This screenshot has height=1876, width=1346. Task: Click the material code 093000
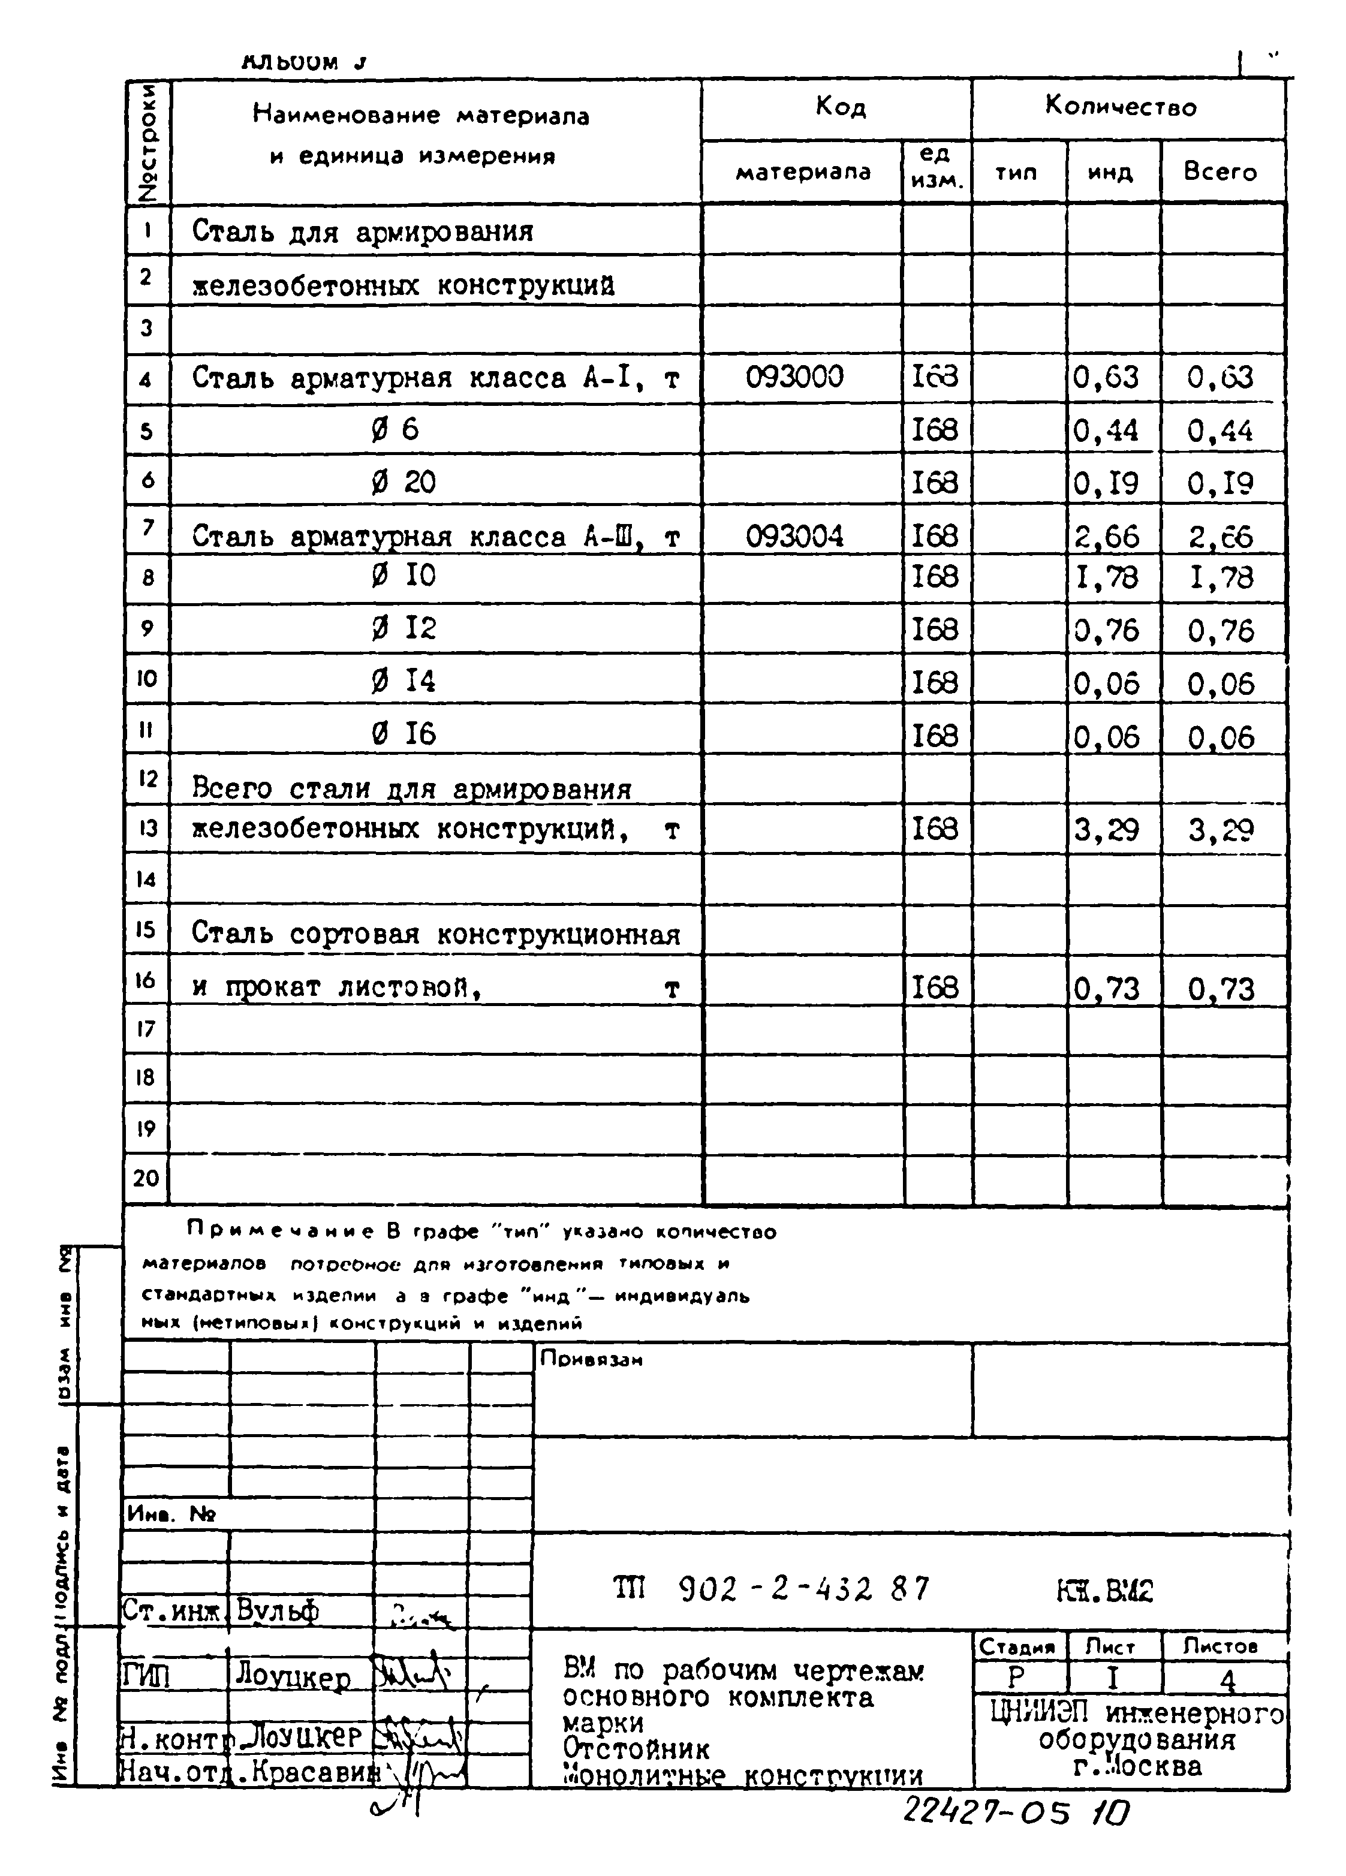pos(794,377)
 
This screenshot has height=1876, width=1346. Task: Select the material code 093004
pos(794,537)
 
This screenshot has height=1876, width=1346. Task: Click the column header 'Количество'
pos(1120,107)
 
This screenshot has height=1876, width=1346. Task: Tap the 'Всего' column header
pos(1219,172)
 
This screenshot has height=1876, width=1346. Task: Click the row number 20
pos(146,1177)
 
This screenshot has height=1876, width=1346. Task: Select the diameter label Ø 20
pos(403,482)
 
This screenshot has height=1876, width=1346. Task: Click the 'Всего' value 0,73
pos(1221,989)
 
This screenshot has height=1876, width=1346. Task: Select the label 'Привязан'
pos(591,1359)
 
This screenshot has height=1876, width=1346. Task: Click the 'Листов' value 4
pos(1227,1680)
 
